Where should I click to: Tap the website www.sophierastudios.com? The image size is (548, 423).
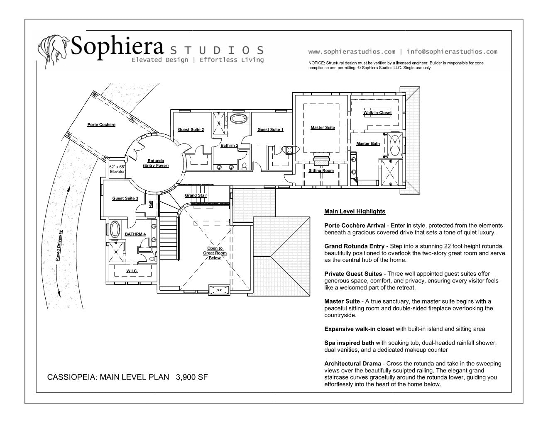pos(351,52)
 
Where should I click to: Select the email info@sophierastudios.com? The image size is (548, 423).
pos(452,52)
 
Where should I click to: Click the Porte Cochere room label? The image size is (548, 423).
pos(101,124)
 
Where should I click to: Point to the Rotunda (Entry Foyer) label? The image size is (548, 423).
pos(156,163)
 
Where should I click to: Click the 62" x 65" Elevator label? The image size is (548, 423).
pos(117,169)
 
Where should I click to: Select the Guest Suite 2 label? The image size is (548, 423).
pos(191,129)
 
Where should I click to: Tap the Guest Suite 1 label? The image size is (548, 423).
pos(270,129)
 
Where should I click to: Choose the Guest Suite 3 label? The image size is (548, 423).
pos(125,198)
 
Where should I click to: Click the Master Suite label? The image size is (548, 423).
pos(323,127)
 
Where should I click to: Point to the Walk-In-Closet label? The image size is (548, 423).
pos(377,112)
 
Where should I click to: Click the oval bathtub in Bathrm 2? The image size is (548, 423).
pos(238,119)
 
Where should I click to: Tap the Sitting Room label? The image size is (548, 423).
pos(321,170)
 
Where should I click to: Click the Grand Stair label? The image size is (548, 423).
pos(196,195)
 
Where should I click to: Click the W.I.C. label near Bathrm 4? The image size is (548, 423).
pos(132,271)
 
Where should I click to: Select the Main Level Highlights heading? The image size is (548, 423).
pos(355,211)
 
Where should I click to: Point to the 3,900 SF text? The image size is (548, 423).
pos(192,377)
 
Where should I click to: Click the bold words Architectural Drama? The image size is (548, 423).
pos(352,364)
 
